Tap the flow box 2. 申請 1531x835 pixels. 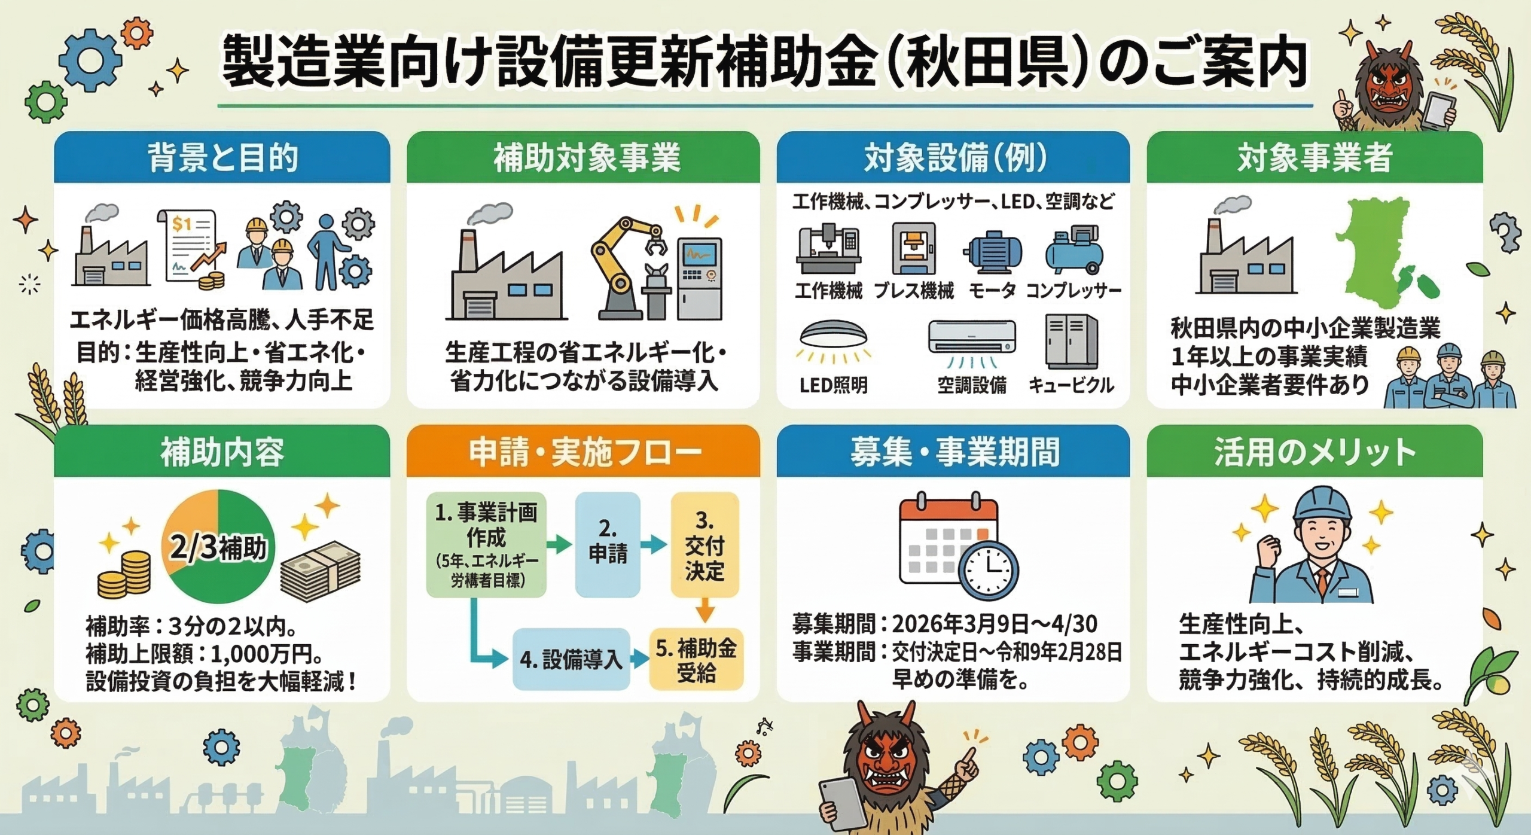[608, 544]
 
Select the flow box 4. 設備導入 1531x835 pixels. [571, 659]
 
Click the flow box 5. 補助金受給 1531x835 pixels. [696, 659]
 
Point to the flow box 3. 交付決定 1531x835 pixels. [704, 544]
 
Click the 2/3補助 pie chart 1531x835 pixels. [218, 546]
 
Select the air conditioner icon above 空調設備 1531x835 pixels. [972, 343]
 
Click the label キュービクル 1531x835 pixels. [1071, 385]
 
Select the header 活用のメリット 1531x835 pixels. [1315, 452]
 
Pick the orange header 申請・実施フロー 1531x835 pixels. [584, 452]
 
